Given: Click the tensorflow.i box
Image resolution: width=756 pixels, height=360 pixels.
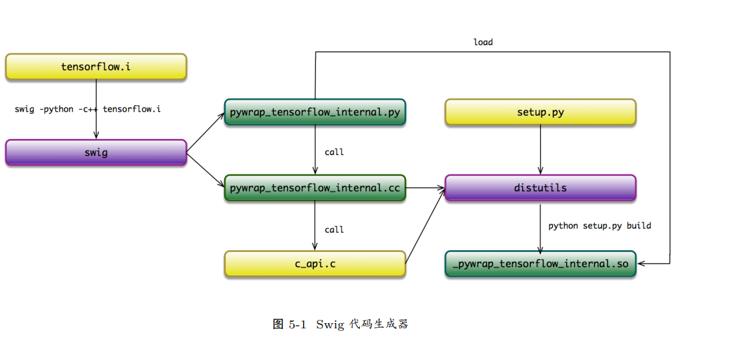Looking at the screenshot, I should [96, 67].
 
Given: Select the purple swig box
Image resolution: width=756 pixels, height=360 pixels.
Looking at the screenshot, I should [96, 153].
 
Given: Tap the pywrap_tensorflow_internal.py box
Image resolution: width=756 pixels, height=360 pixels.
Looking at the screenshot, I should [315, 112].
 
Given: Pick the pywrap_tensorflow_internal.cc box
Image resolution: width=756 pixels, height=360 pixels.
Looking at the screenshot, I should [315, 188].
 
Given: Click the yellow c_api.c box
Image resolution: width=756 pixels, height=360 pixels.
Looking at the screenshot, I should [315, 264].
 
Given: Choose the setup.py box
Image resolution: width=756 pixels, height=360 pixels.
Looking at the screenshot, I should [540, 112].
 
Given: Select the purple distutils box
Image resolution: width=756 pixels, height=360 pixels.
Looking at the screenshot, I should [540, 188].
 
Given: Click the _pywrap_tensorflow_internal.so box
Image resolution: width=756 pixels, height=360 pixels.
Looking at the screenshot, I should [540, 264].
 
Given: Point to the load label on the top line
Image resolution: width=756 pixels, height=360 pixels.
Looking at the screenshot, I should [483, 42].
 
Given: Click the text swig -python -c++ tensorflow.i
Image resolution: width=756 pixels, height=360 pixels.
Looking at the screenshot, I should [88, 109].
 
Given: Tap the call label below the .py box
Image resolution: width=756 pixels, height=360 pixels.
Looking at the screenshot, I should [334, 152].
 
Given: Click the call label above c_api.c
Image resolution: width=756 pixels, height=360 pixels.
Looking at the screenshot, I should [334, 229].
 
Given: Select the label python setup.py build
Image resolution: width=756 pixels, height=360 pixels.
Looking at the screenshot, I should [600, 226].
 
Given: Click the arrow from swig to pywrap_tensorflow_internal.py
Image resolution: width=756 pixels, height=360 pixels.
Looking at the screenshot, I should [205, 132].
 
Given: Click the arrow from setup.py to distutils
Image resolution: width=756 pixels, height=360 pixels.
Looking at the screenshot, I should [540, 149].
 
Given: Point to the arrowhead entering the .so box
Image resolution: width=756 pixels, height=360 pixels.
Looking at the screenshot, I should [642, 264].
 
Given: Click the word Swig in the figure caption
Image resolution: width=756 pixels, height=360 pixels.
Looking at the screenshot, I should [330, 324].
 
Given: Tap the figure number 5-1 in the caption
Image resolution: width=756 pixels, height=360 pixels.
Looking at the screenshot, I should [297, 324].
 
